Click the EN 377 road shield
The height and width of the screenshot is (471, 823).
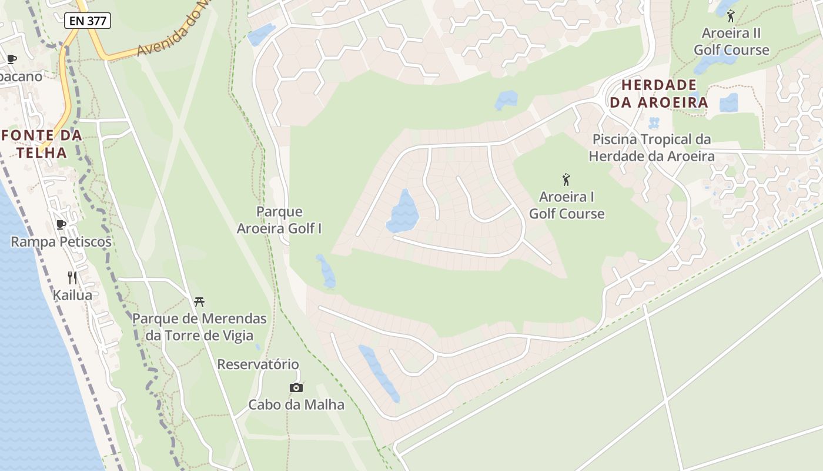pos(88,21)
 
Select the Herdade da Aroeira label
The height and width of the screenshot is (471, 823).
pos(658,94)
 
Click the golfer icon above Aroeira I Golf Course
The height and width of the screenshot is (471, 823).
pos(566,180)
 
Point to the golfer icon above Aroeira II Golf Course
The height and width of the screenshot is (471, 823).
pos(731,16)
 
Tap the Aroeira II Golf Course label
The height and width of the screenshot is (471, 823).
pos(731,41)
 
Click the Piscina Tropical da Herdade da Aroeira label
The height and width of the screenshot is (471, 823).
pos(651,148)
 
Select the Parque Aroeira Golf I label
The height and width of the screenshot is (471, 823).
pos(279,220)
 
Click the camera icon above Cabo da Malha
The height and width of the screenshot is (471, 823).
pos(296,387)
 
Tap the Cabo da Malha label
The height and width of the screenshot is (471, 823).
pos(296,404)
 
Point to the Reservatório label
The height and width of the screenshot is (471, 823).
pos(258,364)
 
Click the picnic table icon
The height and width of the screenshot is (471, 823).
pos(199,302)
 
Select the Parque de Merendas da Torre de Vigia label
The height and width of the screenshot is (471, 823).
pos(199,327)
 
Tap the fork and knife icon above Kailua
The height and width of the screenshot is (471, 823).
pos(72,278)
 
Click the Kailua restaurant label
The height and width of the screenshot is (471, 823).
pos(72,295)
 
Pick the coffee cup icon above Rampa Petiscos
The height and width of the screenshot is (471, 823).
pos(61,224)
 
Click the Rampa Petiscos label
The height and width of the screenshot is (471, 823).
pos(61,241)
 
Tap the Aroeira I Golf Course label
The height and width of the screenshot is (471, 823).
pos(567,205)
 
